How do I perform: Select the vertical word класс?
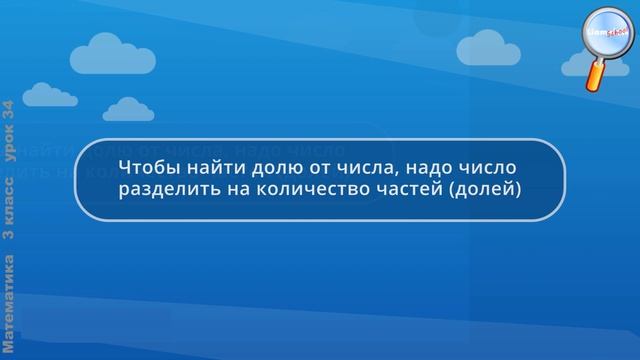point(9,194)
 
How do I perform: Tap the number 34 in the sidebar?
point(9,111)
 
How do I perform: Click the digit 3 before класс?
point(9,232)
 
